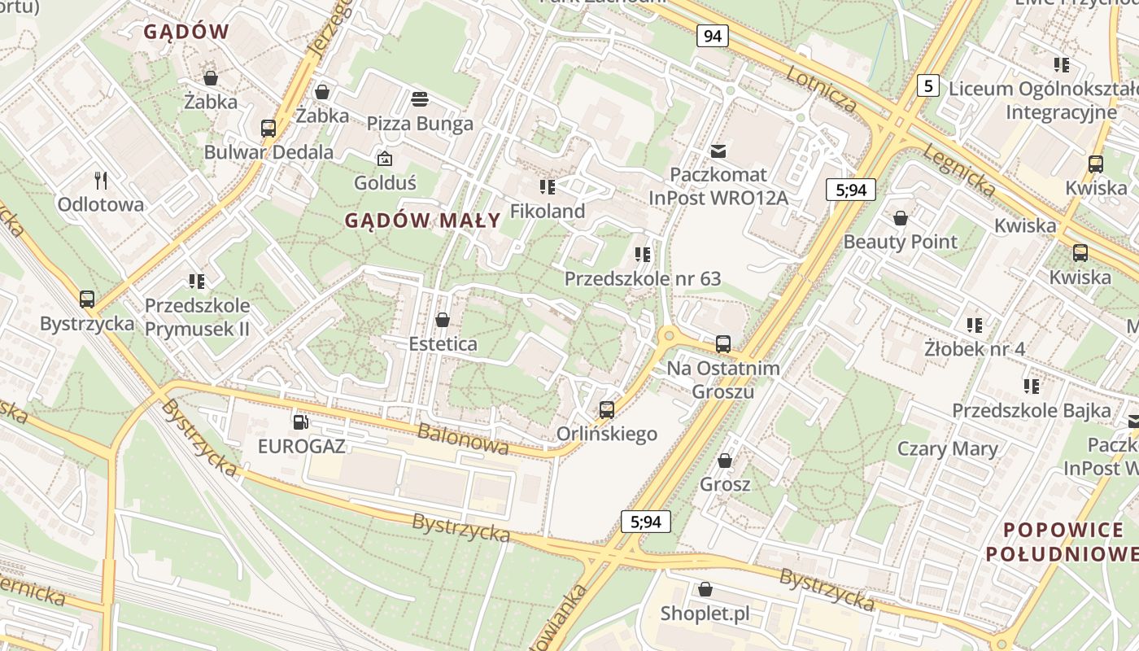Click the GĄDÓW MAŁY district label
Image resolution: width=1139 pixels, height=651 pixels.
point(422,220)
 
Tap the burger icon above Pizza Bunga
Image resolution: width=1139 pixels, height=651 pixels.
point(420,99)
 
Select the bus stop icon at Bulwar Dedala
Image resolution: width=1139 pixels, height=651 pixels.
point(268,128)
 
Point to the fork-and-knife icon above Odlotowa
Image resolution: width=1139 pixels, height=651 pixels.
point(101,179)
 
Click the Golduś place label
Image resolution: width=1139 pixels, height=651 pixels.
point(385,182)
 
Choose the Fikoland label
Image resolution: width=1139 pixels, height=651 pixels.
point(548,212)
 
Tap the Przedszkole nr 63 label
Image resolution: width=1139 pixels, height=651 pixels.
point(643,279)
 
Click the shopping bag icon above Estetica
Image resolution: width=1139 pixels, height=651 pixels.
point(443,320)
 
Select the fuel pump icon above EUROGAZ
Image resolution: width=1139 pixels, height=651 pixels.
point(301,422)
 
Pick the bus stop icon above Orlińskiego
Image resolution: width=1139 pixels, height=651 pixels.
point(607,409)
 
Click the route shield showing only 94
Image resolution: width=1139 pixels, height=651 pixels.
point(712,36)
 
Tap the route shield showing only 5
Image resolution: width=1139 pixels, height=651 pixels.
point(928,85)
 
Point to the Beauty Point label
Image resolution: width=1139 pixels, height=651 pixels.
point(900,242)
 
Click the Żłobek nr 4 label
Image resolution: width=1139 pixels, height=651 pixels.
point(975,349)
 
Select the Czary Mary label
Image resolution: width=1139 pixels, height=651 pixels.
point(947,449)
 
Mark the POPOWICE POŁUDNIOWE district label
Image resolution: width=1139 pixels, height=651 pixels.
point(1063,542)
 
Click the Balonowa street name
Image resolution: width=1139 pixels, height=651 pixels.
point(463,439)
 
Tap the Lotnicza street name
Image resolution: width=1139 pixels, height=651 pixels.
point(822,88)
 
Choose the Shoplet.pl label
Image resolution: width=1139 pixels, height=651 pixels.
point(705,614)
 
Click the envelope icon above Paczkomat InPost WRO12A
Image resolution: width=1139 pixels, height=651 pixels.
point(718,151)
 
